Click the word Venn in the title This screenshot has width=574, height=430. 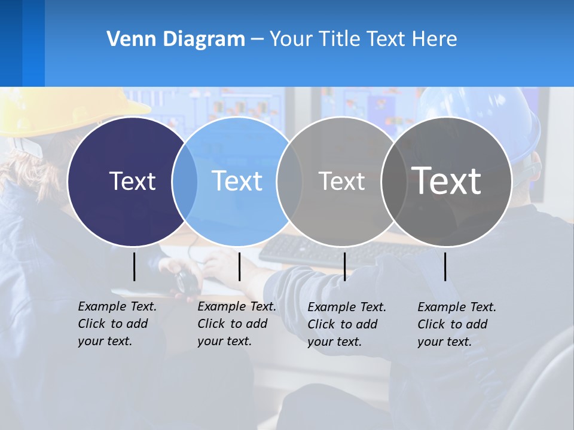[x=126, y=39]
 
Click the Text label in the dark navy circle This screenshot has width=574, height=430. [x=132, y=181]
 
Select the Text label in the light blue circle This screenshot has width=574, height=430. [x=237, y=181]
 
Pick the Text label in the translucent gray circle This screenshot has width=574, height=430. [x=341, y=181]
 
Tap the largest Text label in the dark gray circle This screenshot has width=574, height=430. [x=447, y=181]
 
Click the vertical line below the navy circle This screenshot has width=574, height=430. [x=134, y=266]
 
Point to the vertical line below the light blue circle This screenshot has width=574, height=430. [x=239, y=266]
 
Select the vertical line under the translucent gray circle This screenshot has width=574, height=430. [x=344, y=266]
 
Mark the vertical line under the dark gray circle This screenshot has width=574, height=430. [x=445, y=266]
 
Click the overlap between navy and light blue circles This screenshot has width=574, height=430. [x=185, y=182]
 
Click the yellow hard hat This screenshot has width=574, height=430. [x=60, y=110]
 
